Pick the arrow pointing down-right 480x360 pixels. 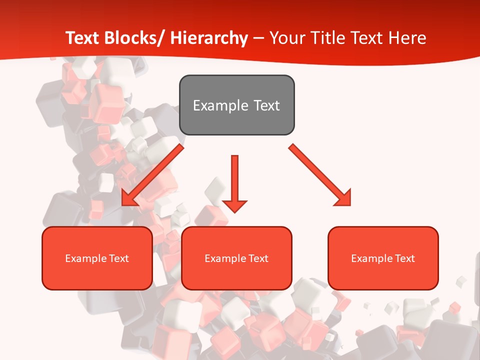pyautogui.click(x=320, y=175)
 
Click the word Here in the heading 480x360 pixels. pyautogui.click(x=408, y=38)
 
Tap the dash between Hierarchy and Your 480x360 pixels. pyautogui.click(x=258, y=39)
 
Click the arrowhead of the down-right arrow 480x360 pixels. pyautogui.click(x=344, y=198)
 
